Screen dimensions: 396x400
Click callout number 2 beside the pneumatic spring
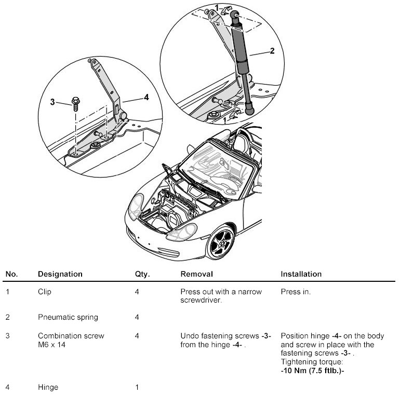[x=272, y=51]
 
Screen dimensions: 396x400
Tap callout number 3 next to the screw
[x=52, y=102]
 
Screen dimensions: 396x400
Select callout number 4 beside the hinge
[x=146, y=97]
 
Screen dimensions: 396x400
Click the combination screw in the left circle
[x=75, y=104]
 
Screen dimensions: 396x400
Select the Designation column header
[x=60, y=274]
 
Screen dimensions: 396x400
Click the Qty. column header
[x=142, y=274]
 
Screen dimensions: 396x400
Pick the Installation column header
[x=301, y=274]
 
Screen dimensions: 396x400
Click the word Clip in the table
[x=45, y=292]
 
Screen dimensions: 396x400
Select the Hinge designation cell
[x=48, y=387]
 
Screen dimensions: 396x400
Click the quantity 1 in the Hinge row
[x=136, y=387]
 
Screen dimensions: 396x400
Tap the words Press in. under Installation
[x=296, y=292]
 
